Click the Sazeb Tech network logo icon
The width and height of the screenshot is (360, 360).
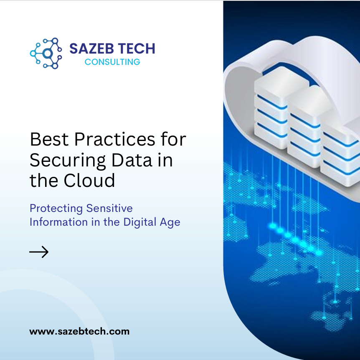point(46,53)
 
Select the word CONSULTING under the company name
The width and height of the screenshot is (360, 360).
point(112,62)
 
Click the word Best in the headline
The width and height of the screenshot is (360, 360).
point(49,139)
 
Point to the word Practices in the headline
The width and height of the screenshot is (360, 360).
point(115,139)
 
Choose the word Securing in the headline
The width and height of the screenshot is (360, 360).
point(68,161)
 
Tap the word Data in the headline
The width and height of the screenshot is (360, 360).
point(132,160)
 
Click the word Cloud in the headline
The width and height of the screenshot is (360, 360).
point(89,181)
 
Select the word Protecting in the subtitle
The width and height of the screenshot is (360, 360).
point(56,209)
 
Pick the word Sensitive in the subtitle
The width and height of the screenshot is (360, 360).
point(109,208)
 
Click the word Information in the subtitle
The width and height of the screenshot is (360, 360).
point(58,222)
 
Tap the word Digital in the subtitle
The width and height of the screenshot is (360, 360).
point(140,222)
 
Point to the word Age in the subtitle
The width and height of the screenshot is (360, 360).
point(170,223)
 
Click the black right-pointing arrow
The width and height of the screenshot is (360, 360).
point(39,252)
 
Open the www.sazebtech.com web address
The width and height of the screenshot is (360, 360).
point(79,332)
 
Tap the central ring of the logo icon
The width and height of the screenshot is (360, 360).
point(48,53)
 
